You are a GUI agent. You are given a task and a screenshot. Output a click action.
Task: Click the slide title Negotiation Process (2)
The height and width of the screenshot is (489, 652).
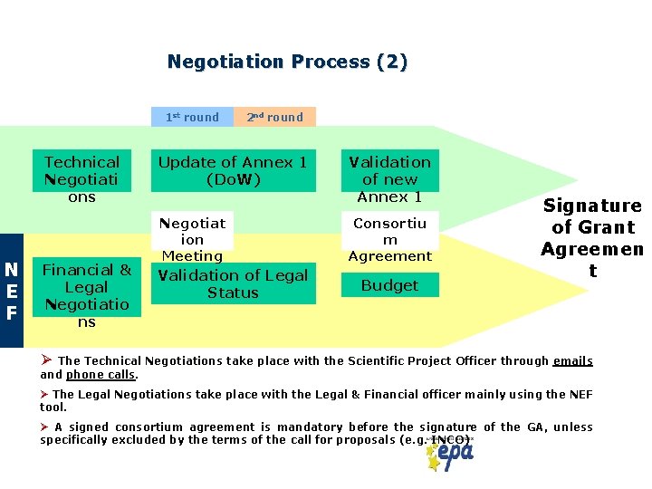tap(287, 62)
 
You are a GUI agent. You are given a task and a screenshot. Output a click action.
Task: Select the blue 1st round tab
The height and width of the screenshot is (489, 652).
tap(192, 117)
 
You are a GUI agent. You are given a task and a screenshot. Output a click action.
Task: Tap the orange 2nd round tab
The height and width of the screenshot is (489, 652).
tap(275, 117)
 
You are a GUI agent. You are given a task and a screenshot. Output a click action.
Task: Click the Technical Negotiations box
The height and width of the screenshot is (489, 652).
tap(81, 178)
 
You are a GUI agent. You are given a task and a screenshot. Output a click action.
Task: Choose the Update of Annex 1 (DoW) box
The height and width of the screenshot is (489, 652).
tap(233, 170)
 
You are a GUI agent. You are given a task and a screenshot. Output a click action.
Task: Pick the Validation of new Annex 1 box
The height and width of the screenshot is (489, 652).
tap(389, 178)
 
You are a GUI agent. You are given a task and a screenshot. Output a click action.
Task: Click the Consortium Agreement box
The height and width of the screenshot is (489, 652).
tap(389, 239)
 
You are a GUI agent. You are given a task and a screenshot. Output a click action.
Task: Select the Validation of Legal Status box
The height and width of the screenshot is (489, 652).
tap(233, 283)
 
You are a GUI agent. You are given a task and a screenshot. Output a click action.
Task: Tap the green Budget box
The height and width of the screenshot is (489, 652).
tap(389, 285)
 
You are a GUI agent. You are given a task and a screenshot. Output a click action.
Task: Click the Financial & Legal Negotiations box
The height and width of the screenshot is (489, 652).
tap(87, 295)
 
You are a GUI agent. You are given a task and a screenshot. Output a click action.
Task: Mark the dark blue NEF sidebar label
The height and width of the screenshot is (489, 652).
tap(12, 292)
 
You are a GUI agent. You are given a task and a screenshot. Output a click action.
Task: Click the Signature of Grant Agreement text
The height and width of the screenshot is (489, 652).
tap(591, 239)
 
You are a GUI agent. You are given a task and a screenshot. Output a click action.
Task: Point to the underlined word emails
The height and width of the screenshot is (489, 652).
tap(572, 360)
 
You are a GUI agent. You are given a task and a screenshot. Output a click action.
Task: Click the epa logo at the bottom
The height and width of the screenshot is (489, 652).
tap(450, 454)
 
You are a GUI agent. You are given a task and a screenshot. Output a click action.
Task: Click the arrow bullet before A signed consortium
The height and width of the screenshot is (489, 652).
tap(44, 427)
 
